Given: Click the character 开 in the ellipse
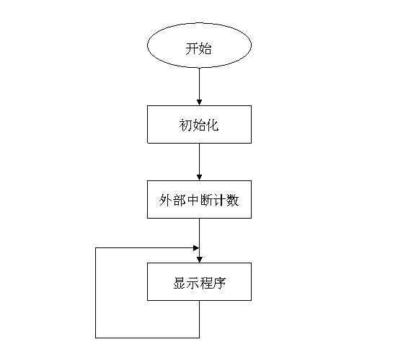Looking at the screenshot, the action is (x=192, y=48).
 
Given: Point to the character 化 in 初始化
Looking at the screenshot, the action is (x=212, y=126).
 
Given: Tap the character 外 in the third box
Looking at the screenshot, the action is (x=166, y=200).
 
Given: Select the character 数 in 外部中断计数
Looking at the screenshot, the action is (x=232, y=200).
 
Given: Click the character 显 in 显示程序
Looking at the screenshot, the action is (x=180, y=283).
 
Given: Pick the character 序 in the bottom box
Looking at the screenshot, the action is (x=219, y=283).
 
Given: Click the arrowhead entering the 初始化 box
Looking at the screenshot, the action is (x=199, y=102).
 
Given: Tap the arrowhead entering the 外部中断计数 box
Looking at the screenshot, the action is (x=199, y=177).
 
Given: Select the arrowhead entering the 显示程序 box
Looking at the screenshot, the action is (x=199, y=260).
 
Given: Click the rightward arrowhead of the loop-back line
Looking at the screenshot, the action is (x=196, y=248).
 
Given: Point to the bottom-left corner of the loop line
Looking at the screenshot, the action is (x=95, y=338).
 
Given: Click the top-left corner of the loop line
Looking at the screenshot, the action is (x=95, y=248).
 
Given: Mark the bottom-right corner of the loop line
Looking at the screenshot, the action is (x=199, y=338).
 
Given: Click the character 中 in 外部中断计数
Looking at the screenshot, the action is (x=192, y=200).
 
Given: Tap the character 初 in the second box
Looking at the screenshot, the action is (x=185, y=126).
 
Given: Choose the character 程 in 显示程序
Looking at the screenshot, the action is (x=206, y=283).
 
